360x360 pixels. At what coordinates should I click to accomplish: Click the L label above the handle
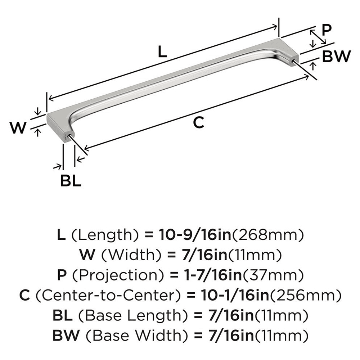(x=162, y=53)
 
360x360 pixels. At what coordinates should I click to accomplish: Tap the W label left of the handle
(x=18, y=128)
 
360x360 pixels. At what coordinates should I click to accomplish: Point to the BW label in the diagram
(x=336, y=57)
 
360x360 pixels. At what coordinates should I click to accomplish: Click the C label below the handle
(x=198, y=123)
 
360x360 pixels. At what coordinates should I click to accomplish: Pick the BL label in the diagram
(x=71, y=181)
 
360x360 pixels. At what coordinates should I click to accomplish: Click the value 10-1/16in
(x=228, y=296)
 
